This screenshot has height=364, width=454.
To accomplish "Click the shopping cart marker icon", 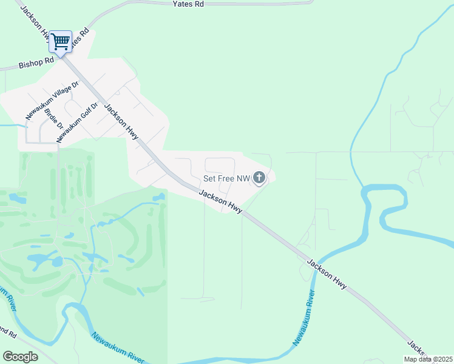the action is coord(60,42).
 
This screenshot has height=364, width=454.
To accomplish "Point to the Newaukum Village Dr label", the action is coord(52,100).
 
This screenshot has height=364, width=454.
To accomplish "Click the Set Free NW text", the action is coord(226,178).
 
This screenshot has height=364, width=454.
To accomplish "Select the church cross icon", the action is coord(259,178).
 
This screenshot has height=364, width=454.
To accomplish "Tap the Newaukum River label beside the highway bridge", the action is coord(305,318).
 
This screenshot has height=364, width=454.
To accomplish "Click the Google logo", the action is coord(20,357).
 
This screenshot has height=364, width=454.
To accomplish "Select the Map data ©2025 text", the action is coord(427,359).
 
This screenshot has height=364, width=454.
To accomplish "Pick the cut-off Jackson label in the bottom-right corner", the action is coord(418,348).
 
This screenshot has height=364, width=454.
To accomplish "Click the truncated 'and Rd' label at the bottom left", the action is coord(8,332).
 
